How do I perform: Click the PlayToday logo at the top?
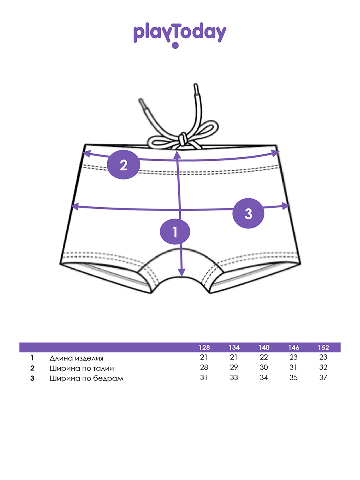click(180, 34)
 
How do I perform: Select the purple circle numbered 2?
click(123, 165)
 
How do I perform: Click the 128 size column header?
click(204, 347)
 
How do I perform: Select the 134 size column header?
click(234, 347)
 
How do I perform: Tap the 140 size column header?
click(264, 347)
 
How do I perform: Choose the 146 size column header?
click(294, 347)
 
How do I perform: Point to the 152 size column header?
click(324, 347)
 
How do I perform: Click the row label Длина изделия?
click(76, 358)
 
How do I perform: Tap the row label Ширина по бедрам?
click(86, 378)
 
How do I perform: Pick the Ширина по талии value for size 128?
click(204, 368)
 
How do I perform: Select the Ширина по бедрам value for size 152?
click(324, 378)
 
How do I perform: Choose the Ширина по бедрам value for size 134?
click(234, 378)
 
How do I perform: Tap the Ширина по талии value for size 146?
click(294, 368)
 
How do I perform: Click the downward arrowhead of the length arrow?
click(182, 273)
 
